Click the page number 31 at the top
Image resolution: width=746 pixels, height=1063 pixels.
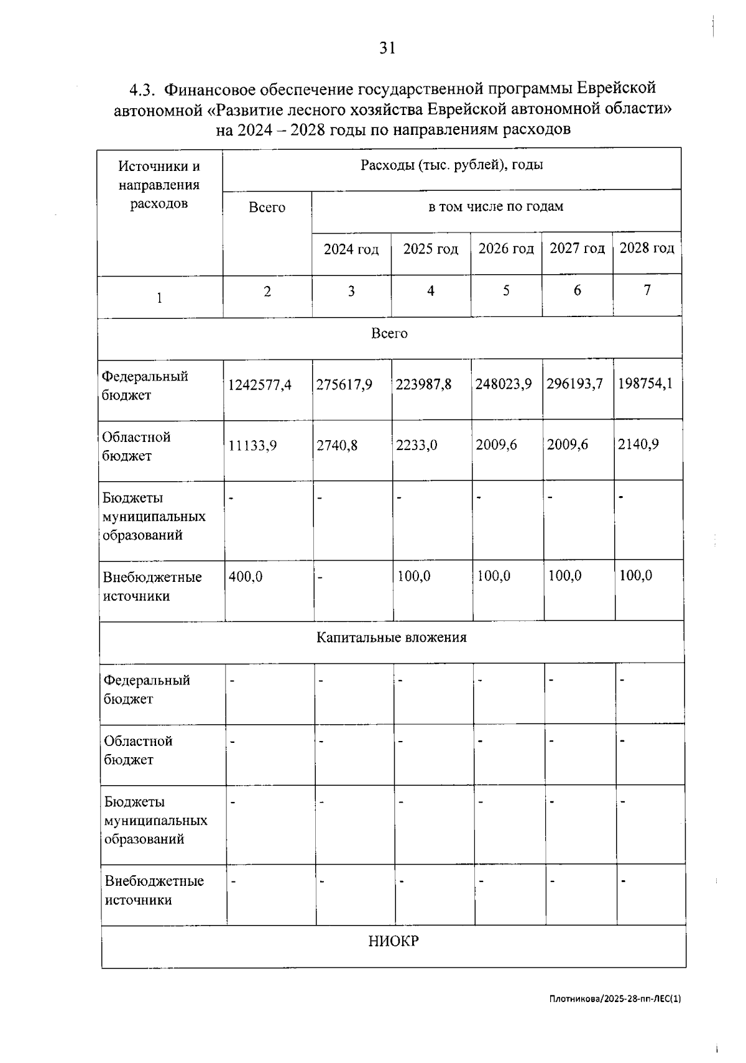387,48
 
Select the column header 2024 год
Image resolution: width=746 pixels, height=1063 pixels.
351,249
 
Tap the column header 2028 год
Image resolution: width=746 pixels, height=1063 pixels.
647,248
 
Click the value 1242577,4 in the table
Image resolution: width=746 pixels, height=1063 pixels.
259,385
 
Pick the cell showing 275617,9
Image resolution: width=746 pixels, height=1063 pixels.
344,385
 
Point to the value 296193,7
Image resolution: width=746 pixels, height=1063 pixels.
574,384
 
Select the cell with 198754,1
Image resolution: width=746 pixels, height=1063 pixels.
645,384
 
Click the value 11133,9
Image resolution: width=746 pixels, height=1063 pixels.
252,445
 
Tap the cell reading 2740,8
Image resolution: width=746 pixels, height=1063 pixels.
337,445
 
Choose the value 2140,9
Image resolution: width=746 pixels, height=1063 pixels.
638,444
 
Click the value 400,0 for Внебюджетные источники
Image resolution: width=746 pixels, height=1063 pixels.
246,577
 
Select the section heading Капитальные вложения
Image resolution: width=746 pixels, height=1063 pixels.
391,637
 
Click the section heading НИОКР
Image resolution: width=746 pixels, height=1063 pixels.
393,941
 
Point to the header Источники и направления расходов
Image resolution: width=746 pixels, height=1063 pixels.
159,185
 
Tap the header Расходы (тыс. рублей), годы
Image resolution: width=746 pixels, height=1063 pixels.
451,165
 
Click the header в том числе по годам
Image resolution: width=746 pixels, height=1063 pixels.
495,206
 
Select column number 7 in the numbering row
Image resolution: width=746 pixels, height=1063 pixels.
647,290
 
